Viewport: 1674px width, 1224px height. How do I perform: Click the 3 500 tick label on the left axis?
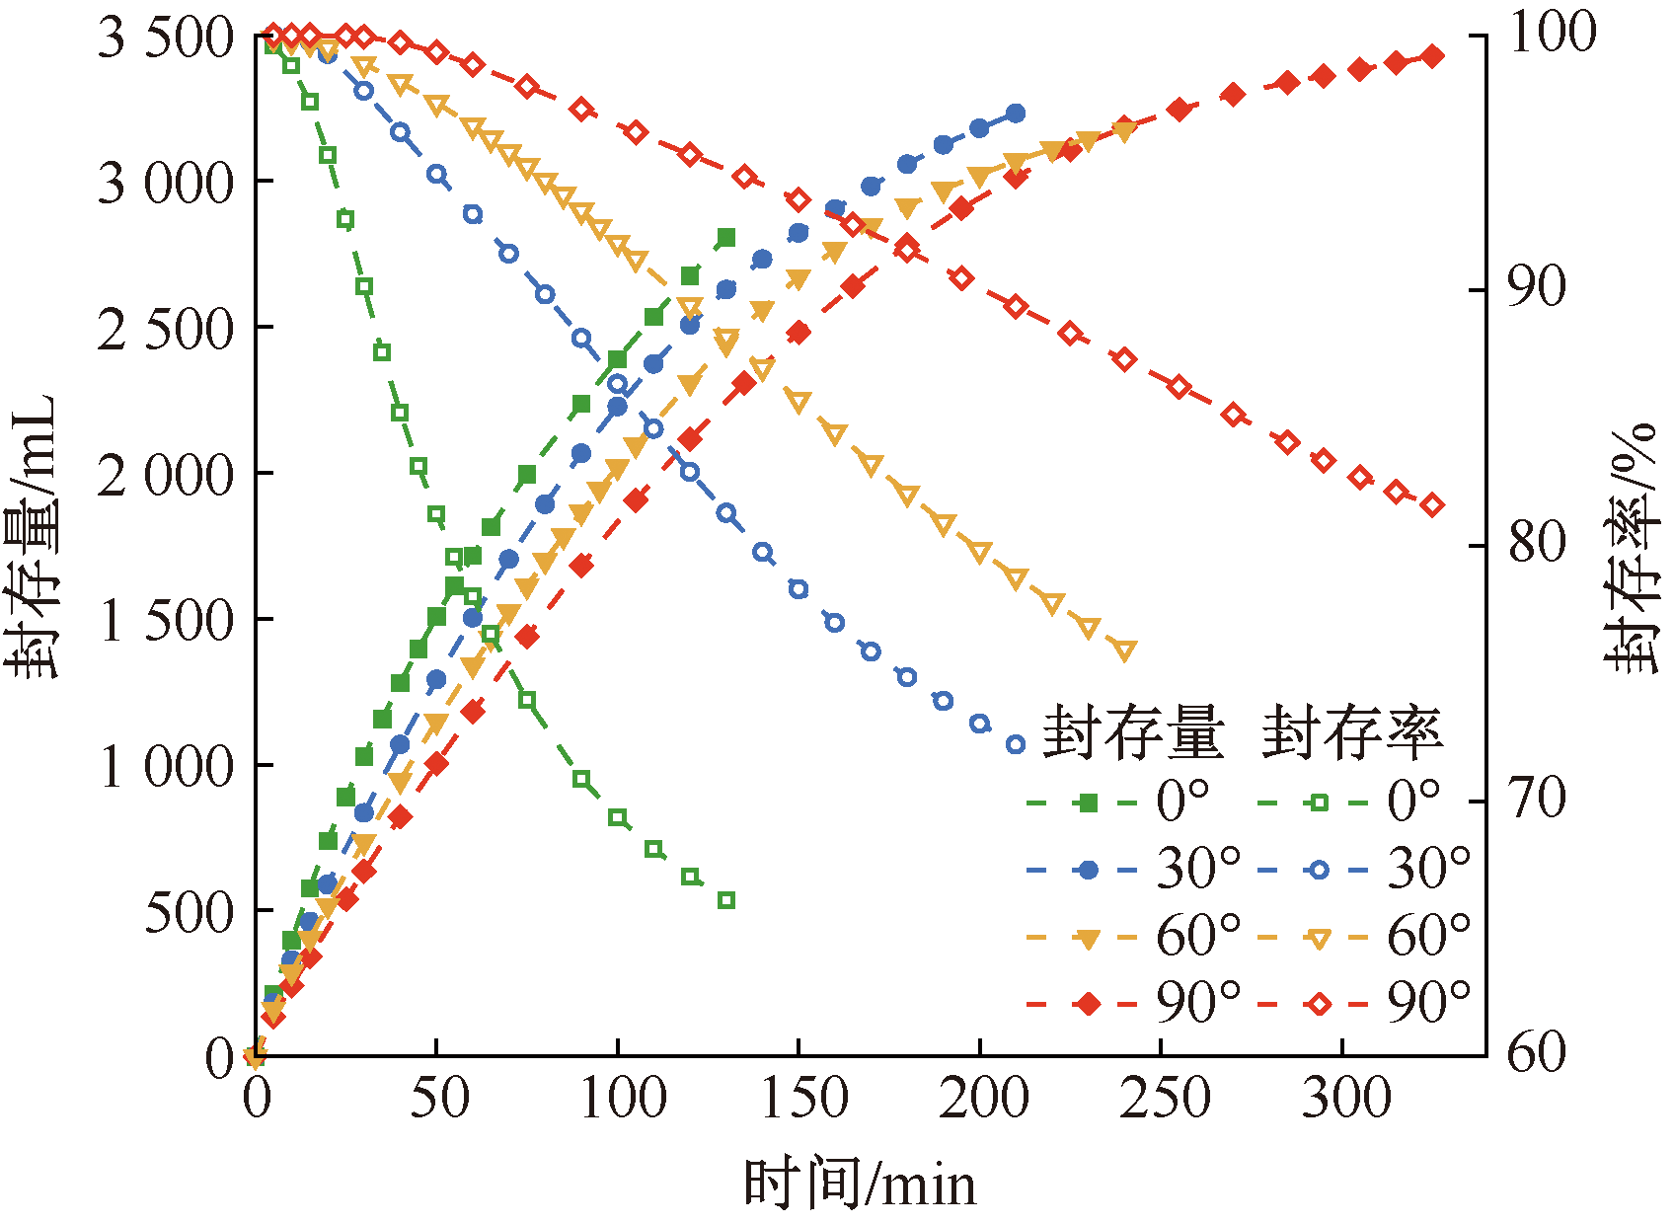[x=166, y=38]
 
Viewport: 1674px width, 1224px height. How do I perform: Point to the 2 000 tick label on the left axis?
[x=166, y=475]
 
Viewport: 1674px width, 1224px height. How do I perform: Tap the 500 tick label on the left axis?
[x=190, y=912]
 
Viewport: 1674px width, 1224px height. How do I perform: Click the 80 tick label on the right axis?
[x=1537, y=542]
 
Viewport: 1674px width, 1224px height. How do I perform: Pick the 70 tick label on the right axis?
[x=1537, y=798]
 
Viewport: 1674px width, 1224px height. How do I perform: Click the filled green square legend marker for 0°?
[x=1089, y=803]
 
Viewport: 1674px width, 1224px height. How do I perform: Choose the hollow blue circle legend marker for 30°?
[x=1319, y=870]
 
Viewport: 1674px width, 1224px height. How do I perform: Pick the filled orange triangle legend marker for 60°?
[x=1089, y=939]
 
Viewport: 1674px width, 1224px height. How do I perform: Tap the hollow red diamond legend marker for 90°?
[x=1319, y=1004]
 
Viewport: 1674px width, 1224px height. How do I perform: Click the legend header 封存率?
[x=1352, y=733]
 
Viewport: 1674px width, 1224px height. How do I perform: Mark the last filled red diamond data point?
[x=1432, y=56]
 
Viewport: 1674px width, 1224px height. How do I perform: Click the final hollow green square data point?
[x=726, y=900]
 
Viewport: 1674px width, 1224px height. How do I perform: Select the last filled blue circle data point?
[x=1016, y=114]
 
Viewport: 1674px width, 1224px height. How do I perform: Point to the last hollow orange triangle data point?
[x=1125, y=650]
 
